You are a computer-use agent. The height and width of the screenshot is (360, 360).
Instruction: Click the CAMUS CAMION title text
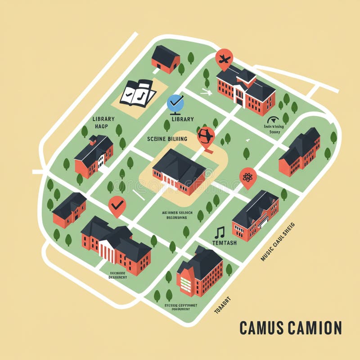click(x=290, y=328)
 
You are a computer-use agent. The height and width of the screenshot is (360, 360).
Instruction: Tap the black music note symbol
click(x=220, y=232)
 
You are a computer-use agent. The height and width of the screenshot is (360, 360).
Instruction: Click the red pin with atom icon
click(x=248, y=177)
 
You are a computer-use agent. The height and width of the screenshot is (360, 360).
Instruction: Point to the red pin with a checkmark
click(x=117, y=206)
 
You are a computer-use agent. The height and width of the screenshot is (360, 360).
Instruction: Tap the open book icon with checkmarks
click(x=138, y=93)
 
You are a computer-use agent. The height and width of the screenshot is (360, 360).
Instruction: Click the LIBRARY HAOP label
click(x=103, y=122)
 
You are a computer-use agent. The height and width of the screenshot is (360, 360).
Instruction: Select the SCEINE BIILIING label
click(x=167, y=139)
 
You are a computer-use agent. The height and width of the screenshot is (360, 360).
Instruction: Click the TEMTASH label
click(x=224, y=243)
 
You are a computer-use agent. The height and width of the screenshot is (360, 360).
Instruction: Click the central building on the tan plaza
click(x=179, y=171)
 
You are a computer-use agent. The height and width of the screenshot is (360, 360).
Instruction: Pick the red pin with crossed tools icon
click(x=224, y=58)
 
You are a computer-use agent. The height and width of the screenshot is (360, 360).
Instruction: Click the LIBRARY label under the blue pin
click(x=183, y=119)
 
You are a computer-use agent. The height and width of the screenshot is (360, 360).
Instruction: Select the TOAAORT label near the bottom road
click(x=221, y=305)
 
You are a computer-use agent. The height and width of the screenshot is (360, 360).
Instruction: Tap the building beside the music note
click(x=255, y=215)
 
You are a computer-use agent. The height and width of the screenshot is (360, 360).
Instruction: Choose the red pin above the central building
click(x=206, y=136)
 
